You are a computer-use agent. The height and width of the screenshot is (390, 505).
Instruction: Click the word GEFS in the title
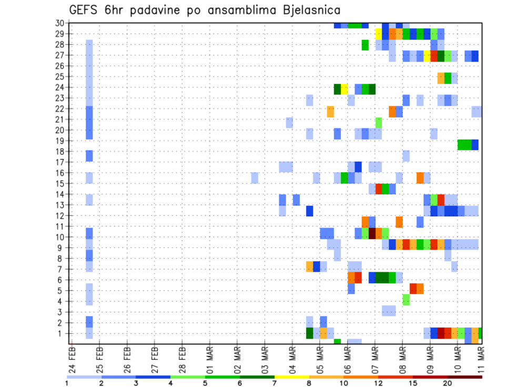coord(85,10)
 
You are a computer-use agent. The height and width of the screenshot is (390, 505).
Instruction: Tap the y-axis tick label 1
coord(62,333)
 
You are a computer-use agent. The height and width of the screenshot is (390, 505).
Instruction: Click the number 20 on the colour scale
coord(448,383)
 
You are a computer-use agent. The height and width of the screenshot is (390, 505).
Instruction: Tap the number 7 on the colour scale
coord(275,383)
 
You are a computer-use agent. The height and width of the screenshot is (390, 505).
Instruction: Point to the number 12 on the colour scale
coord(378,383)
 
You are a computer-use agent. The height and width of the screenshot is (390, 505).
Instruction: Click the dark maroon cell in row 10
coord(372,232)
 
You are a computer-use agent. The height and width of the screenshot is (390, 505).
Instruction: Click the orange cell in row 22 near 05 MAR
coord(330,111)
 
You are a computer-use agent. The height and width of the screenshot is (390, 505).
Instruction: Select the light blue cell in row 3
coord(389,311)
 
